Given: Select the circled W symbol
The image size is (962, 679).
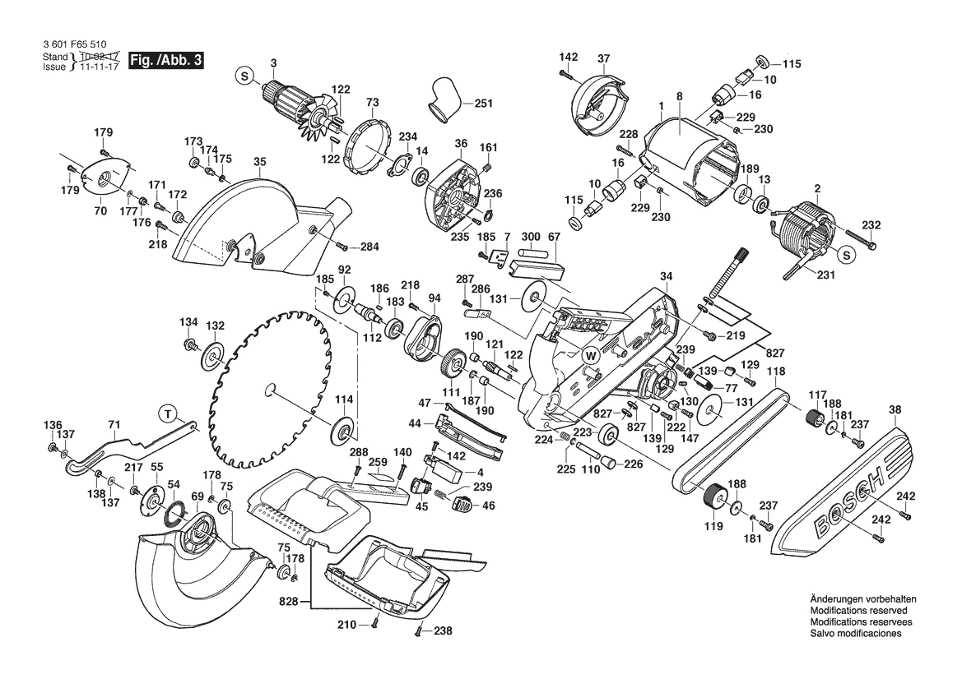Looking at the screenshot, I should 590,355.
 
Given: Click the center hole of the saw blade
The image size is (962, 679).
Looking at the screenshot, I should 268,390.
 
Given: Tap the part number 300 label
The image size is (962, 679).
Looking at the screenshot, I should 530,236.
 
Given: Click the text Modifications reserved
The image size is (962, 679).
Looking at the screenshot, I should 858,612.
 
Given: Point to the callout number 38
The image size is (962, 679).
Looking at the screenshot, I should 895,409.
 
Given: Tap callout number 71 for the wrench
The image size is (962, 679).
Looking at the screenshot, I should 114,424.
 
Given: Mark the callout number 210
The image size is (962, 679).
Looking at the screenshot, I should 346,625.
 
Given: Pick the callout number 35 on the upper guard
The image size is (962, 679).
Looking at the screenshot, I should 260,162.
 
